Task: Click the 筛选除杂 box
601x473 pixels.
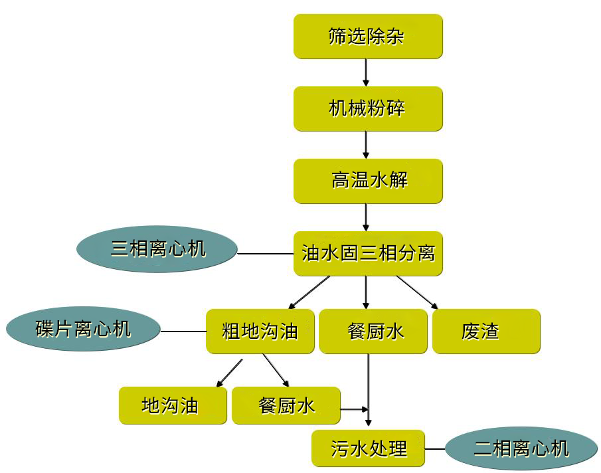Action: [x=367, y=37]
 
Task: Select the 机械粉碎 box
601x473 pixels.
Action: [x=367, y=108]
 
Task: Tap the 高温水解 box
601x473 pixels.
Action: [x=367, y=181]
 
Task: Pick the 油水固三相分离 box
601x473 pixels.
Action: [x=367, y=253]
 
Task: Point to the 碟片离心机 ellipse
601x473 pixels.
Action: [x=83, y=329]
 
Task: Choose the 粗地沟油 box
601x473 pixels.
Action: [x=260, y=331]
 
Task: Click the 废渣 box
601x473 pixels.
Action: [x=485, y=331]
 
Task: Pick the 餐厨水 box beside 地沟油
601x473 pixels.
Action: [x=286, y=405]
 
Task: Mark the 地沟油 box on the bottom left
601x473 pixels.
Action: [x=173, y=405]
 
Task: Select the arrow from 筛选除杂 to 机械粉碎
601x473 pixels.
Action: [x=366, y=72]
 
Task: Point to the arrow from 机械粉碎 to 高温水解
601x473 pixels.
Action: [x=366, y=144]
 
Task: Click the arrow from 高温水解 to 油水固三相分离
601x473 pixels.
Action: [x=366, y=217]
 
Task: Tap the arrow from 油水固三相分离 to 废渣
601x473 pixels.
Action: [x=417, y=292]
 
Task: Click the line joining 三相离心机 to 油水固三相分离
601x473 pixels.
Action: [x=266, y=254]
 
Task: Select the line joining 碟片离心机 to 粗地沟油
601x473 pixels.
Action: [x=183, y=331]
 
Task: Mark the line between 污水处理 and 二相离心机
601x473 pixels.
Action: [x=434, y=449]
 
